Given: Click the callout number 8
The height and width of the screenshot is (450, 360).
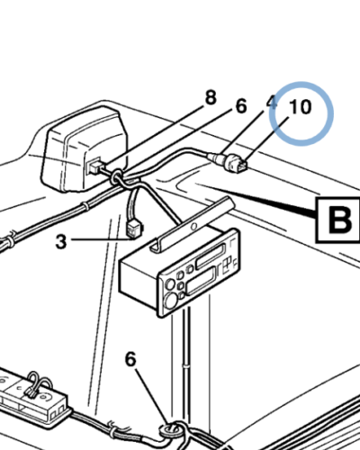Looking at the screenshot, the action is point(211,98).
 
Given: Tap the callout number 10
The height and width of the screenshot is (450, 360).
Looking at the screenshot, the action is point(300,107).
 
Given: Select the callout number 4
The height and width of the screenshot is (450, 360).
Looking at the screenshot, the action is point(272,103).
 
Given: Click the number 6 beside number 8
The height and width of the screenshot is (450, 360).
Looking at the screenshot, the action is point(241,106).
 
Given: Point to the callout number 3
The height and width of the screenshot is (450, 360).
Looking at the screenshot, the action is point(61,241).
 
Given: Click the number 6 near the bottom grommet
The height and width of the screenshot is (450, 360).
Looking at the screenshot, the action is point(130,359).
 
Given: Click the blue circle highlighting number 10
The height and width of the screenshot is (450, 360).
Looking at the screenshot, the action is point(301,113).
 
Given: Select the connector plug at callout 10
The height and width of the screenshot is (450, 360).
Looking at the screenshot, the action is point(238,164).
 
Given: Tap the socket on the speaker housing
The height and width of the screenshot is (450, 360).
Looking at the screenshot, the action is point(94,166).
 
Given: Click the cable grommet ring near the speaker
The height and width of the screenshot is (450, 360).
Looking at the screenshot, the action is point(116,177).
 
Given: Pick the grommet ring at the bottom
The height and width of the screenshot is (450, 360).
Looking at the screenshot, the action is point(170,431).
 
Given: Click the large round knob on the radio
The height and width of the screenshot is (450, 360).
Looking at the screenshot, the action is point(172,300).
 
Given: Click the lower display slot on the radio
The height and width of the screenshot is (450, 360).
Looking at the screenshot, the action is point(200,282).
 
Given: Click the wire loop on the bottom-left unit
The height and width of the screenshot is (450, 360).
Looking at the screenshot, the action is point(39,382).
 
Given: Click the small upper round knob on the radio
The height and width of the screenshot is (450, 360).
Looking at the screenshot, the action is point(170,283).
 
